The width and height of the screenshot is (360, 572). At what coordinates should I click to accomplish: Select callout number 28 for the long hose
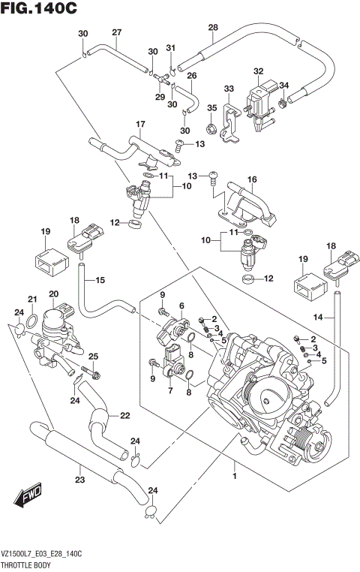212,28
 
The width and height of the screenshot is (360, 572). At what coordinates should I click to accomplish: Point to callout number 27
116,32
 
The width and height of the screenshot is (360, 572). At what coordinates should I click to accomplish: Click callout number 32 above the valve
258,71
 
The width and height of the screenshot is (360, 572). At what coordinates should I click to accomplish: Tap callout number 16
252,179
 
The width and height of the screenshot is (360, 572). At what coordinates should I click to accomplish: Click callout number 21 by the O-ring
31,300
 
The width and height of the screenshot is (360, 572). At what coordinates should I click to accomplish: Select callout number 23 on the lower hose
79,480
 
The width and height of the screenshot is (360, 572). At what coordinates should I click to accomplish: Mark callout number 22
124,415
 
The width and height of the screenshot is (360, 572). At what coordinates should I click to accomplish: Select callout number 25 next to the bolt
94,356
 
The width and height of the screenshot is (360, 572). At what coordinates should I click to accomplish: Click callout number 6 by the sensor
181,305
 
